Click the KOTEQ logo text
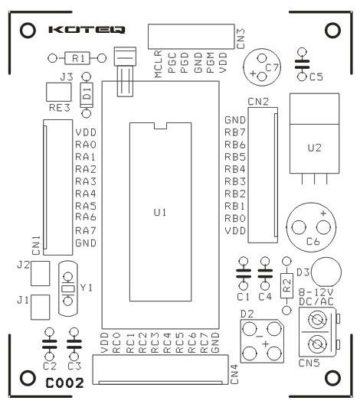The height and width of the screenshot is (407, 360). point(87,30)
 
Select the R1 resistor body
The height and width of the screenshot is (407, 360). point(77,58)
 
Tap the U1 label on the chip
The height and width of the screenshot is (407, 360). point(160,213)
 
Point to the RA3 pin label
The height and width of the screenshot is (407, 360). point(86,181)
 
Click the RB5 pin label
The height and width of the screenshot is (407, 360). point(235,157)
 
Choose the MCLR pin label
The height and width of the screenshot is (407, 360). point(158,63)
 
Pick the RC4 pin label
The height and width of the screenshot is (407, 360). point(167,343)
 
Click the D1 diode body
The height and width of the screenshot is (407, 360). point(87,95)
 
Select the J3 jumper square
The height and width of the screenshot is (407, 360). point(59,92)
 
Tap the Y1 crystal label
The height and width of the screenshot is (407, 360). point(87,288)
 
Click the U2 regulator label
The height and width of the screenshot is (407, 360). point(315,148)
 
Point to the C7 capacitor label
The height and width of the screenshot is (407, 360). point(272,68)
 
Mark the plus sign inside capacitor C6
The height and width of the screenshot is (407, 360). point(323,213)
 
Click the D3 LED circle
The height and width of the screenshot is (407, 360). point(326,272)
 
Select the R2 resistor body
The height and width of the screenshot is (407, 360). point(286,286)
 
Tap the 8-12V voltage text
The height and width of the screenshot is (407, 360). point(316,292)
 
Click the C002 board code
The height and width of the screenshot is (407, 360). point(64,383)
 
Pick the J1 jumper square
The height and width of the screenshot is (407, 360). point(41,307)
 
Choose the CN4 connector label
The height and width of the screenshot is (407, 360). point(234,374)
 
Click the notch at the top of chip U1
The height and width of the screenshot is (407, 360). point(160,126)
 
